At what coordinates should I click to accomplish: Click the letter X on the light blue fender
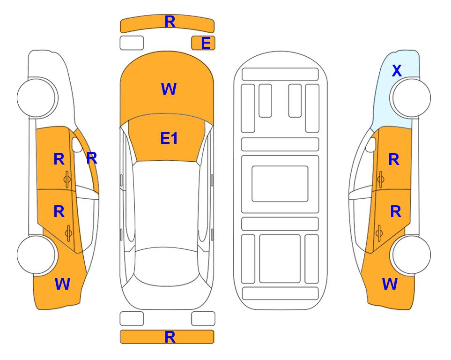[397, 71]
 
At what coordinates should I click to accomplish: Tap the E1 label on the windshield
[169, 138]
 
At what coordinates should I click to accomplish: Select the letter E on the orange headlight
[206, 43]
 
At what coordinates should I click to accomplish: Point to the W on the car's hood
[169, 89]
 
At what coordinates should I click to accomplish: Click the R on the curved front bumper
[170, 22]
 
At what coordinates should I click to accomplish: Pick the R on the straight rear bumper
[170, 337]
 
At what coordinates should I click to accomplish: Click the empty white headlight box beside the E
[132, 43]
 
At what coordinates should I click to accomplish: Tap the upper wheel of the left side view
[37, 97]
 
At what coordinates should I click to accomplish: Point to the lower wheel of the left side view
[37, 255]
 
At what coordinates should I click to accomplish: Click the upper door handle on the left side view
[67, 180]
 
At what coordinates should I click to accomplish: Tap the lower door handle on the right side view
[379, 233]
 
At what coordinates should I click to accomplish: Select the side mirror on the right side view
[371, 145]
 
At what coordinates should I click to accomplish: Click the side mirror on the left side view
[77, 145]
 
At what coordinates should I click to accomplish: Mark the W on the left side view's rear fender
[62, 284]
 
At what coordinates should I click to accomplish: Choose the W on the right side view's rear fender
[390, 284]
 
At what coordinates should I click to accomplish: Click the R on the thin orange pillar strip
[92, 158]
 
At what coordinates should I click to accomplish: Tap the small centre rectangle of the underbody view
[280, 184]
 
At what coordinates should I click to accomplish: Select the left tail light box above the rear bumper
[132, 319]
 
